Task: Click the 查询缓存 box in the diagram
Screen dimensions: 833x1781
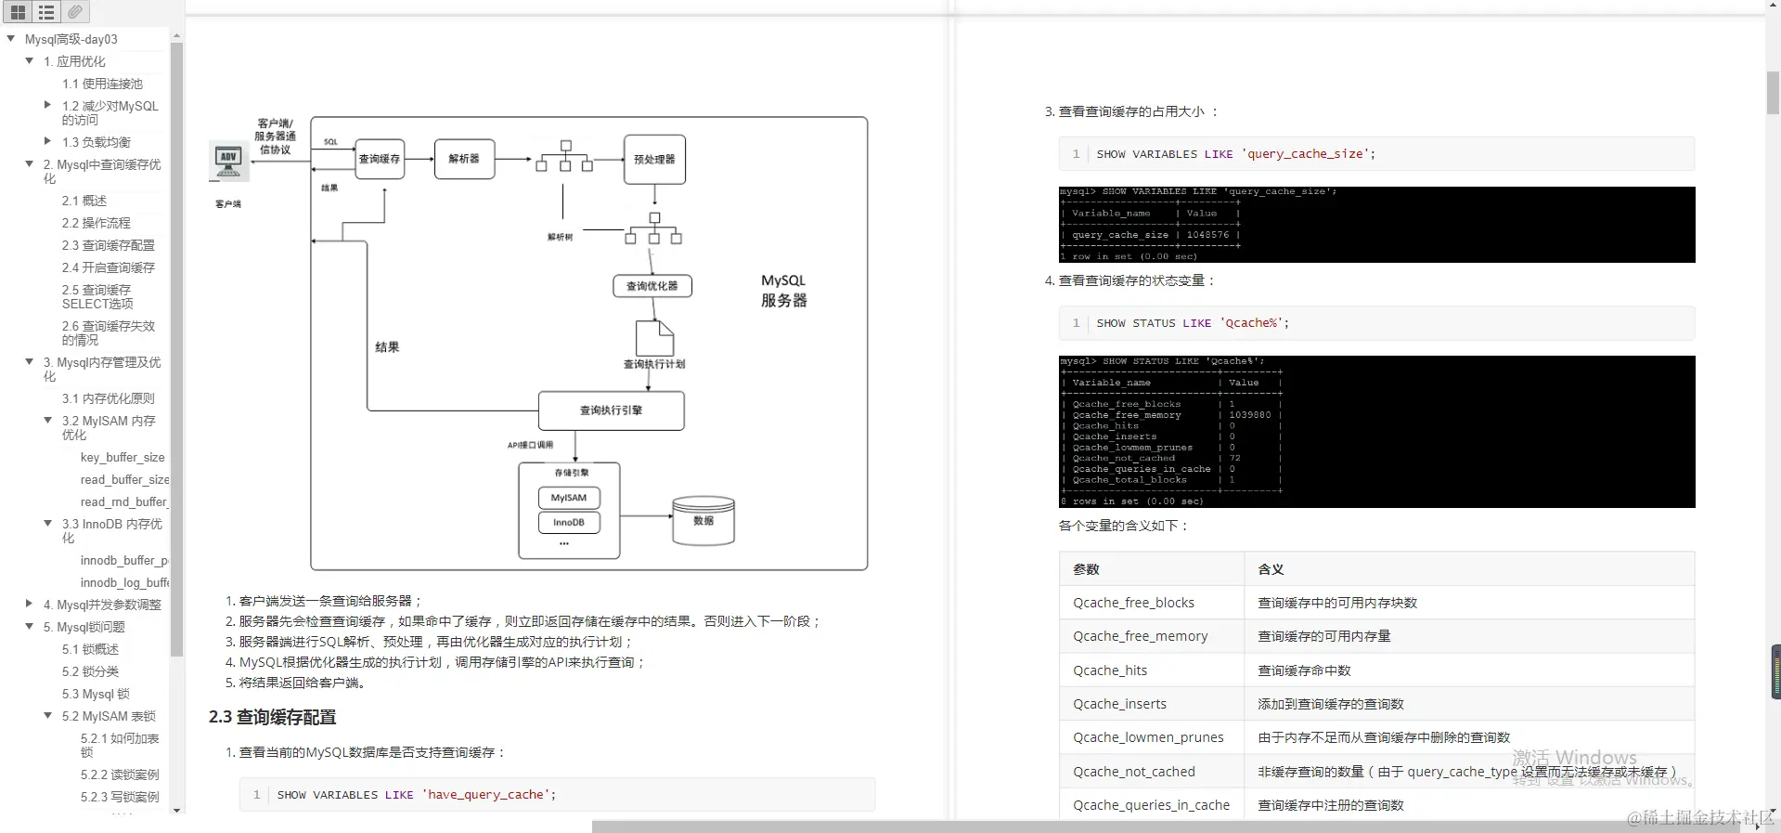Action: (379, 159)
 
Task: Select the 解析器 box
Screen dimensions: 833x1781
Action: (464, 159)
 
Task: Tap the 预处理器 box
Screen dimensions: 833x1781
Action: (654, 160)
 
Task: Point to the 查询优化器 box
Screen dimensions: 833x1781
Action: (652, 286)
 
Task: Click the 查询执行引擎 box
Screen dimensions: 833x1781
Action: (611, 410)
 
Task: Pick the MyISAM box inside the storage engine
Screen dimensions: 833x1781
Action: (569, 498)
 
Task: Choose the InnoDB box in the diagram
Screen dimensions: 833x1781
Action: (569, 523)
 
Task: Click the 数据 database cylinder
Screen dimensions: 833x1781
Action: (703, 521)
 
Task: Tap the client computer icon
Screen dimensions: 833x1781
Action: (228, 162)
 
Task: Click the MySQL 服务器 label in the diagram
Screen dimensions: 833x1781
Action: (783, 290)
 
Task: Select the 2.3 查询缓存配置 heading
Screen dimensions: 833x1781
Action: (273, 717)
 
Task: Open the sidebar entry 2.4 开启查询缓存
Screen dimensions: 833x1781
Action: (108, 267)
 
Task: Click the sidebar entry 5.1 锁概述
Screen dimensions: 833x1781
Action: (90, 649)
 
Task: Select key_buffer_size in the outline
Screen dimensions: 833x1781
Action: (123, 457)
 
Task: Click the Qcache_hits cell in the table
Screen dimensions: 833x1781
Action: (1110, 670)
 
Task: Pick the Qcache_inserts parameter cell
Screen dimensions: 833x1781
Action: (1119, 704)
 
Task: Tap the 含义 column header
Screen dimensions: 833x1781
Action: (1271, 569)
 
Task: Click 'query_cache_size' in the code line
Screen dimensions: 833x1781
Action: (1305, 154)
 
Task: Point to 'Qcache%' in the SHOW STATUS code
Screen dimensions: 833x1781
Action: (1251, 323)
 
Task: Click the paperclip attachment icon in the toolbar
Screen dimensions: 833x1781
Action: (75, 11)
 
